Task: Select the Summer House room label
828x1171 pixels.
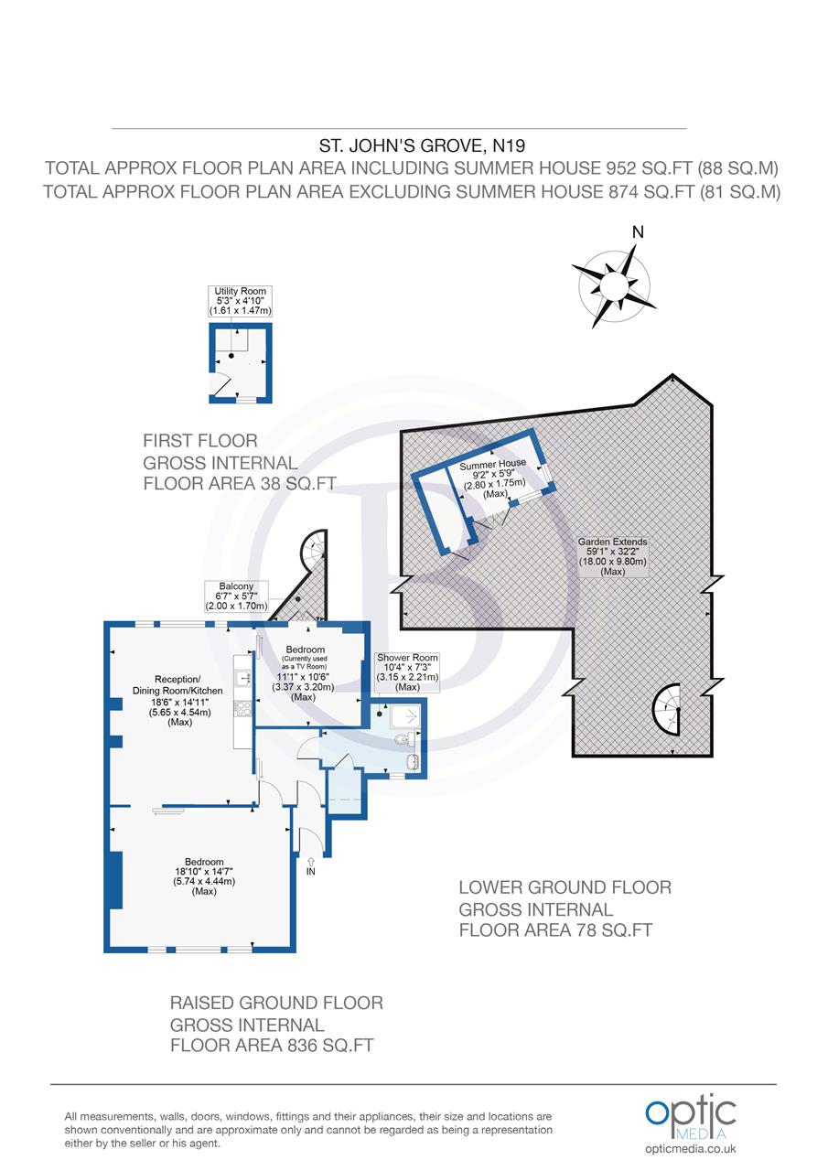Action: pos(493,478)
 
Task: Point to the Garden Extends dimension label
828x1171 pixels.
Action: pos(613,556)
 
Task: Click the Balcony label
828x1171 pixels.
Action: pos(235,596)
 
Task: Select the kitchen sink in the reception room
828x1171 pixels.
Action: pos(243,678)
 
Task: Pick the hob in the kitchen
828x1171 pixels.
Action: pos(243,708)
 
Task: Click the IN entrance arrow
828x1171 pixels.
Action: pos(311,865)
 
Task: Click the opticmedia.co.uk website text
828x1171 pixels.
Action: pos(691,1149)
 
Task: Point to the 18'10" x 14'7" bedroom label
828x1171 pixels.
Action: pos(204,876)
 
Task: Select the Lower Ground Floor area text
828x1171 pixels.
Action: pos(564,909)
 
